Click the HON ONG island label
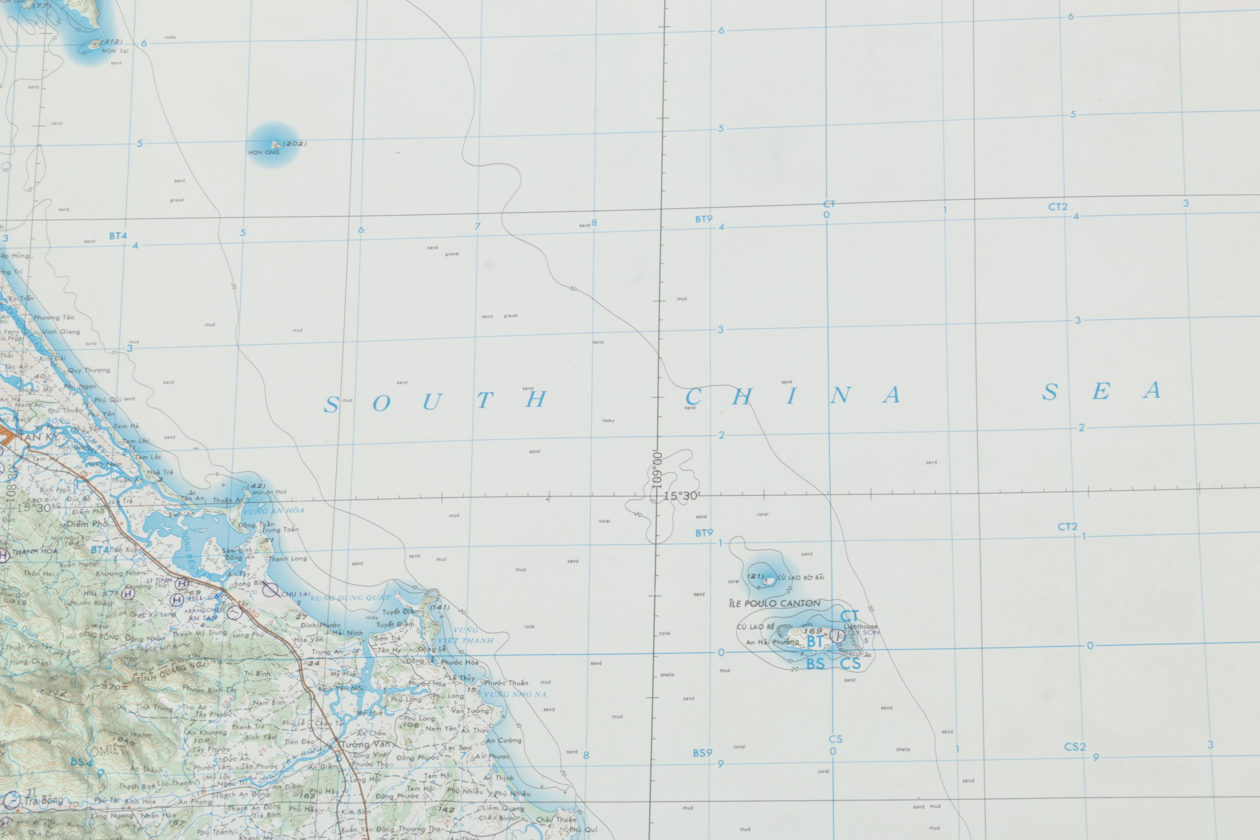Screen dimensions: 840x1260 [264, 152]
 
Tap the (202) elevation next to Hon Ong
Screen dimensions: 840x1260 [294, 144]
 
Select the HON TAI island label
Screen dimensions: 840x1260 [115, 51]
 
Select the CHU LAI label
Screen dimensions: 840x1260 [295, 594]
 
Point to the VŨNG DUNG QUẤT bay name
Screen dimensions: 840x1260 [351, 598]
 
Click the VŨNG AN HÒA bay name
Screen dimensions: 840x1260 [274, 510]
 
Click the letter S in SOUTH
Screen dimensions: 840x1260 [332, 405]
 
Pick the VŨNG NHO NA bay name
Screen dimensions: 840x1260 [515, 694]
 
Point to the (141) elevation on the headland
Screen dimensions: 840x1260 [439, 607]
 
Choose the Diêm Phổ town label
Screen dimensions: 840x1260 [87, 524]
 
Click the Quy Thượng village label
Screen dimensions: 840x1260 [89, 370]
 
